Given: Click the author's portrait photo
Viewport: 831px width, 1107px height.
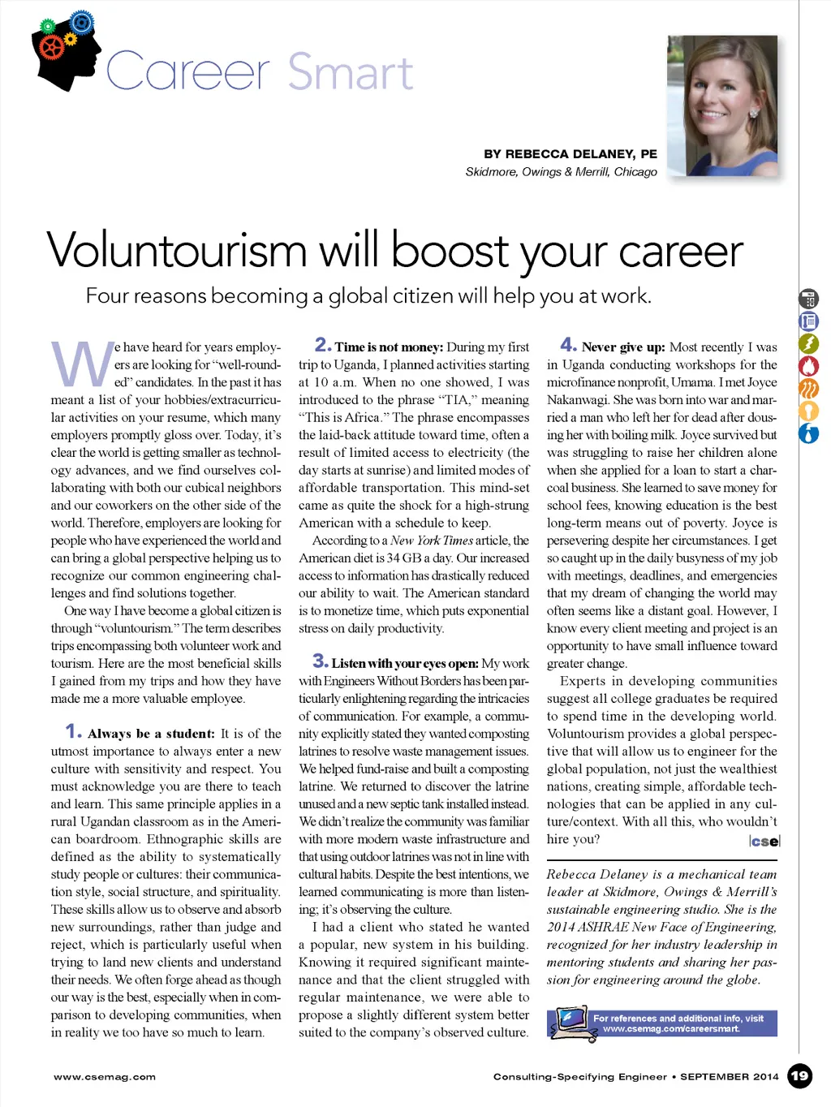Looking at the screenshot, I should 722,106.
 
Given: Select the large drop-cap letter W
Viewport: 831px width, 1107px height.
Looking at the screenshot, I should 82,364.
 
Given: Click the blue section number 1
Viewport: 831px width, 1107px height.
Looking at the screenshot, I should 73,731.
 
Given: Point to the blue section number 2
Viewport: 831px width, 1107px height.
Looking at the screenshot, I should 322,345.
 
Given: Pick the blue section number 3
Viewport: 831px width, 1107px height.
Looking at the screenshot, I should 320,661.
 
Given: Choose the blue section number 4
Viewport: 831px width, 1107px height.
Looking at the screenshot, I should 568,345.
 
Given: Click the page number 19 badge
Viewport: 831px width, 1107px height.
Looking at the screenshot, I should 799,1076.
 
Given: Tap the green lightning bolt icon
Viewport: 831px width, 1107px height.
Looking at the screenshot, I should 808,344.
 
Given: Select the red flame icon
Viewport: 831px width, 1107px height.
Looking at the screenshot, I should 808,367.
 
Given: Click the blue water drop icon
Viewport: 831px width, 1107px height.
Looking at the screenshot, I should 808,433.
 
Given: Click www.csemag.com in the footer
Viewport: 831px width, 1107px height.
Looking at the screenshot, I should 105,1077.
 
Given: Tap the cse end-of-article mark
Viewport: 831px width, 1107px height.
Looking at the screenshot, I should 764,842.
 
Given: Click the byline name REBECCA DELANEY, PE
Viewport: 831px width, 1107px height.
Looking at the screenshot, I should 570,153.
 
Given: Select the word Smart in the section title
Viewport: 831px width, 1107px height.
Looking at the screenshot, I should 351,72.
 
